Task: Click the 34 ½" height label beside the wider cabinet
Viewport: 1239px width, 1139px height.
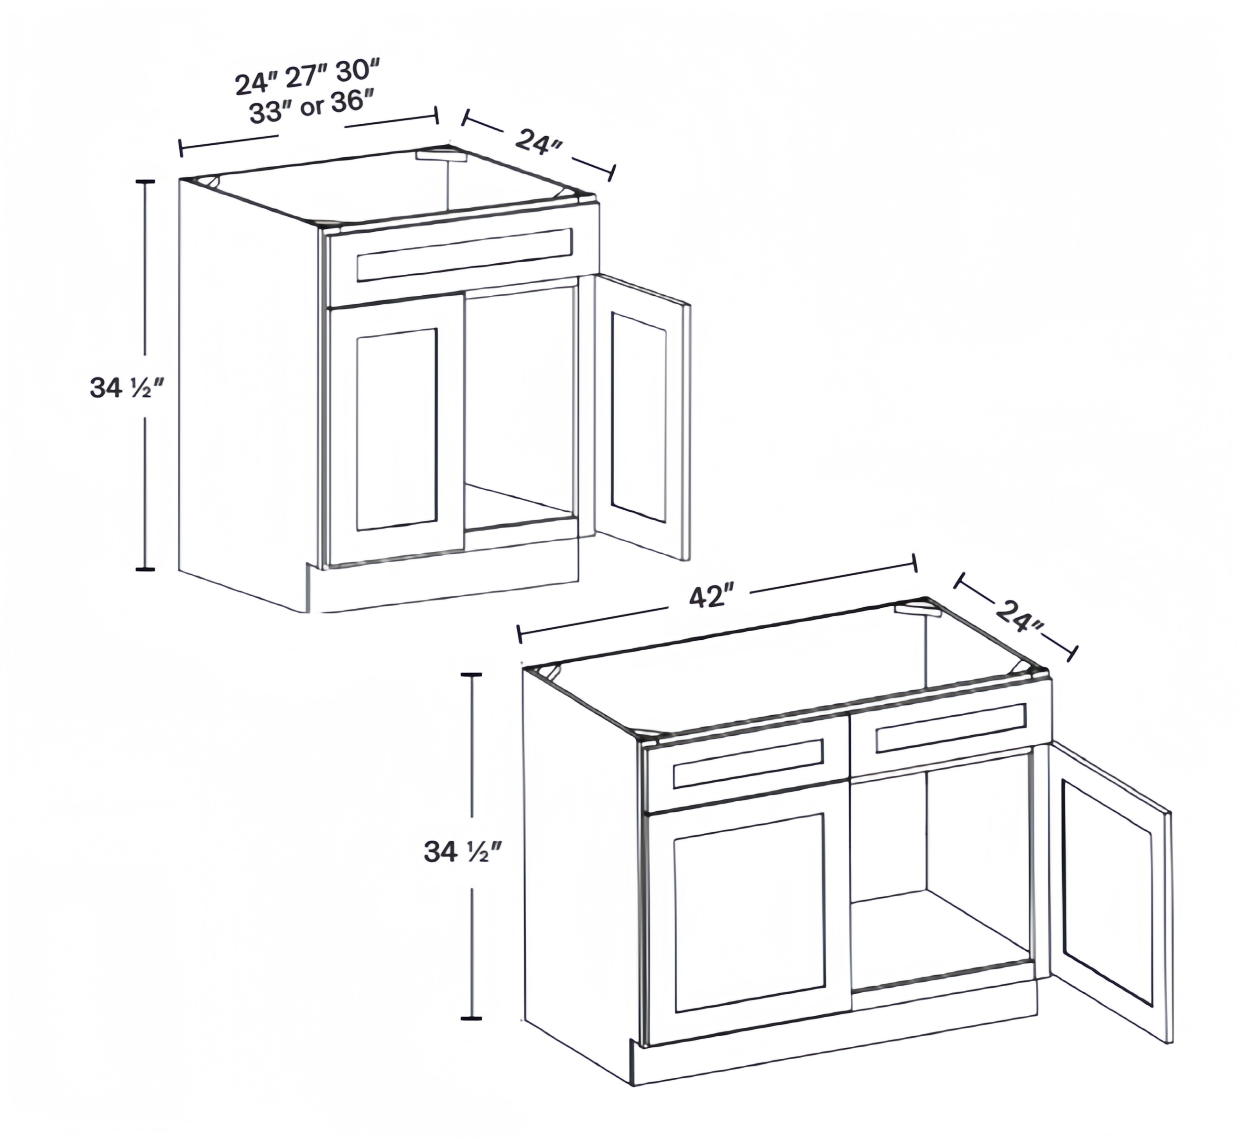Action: (x=463, y=852)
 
